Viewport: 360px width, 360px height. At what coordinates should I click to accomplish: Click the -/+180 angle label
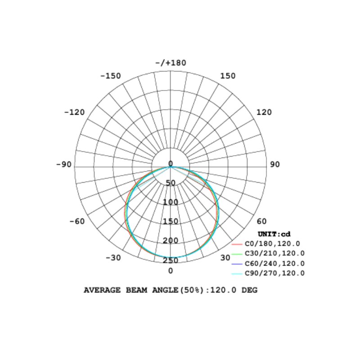click(x=171, y=63)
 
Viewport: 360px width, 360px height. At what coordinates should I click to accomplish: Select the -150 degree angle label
click(x=111, y=76)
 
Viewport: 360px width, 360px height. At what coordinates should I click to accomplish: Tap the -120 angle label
click(x=74, y=112)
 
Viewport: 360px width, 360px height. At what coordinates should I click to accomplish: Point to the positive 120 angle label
click(x=264, y=112)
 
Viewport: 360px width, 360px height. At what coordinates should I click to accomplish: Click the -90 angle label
click(x=64, y=164)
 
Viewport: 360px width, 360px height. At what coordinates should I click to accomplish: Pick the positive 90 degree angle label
click(x=275, y=164)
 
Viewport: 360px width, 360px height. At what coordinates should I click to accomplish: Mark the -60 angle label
click(x=77, y=221)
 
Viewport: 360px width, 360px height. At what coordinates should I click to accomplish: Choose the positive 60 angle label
click(x=261, y=221)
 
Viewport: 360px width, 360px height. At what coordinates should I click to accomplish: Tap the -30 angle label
click(x=113, y=258)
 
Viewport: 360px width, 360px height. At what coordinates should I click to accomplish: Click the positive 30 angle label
click(x=225, y=258)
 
